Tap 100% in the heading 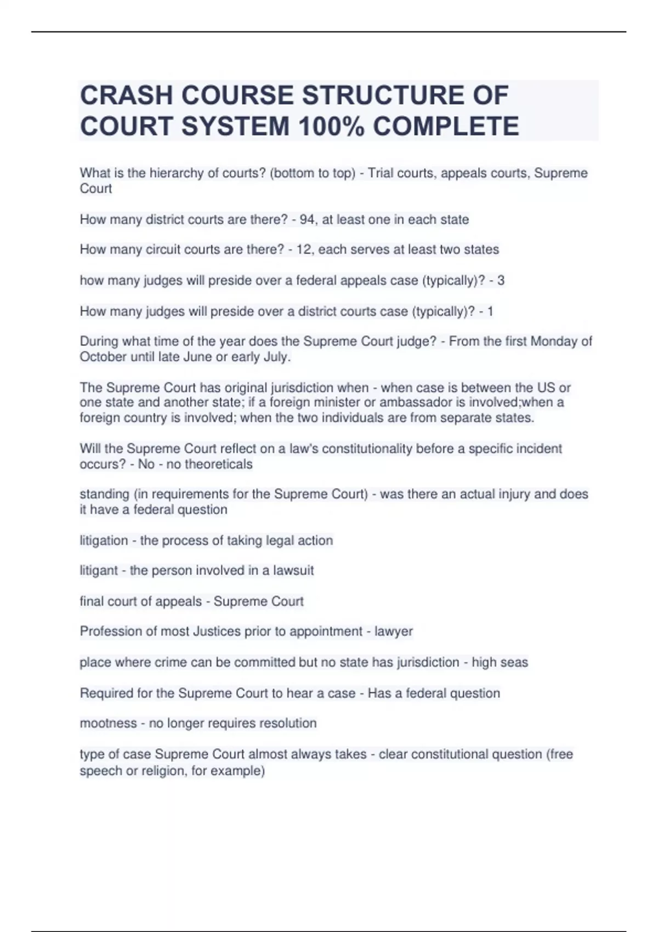pos(331,126)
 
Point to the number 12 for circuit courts pos(303,249)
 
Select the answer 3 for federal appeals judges pos(500,281)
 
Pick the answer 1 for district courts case pos(490,311)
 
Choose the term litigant pos(99,571)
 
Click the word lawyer pos(393,632)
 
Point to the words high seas pos(500,662)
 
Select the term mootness pos(108,723)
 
